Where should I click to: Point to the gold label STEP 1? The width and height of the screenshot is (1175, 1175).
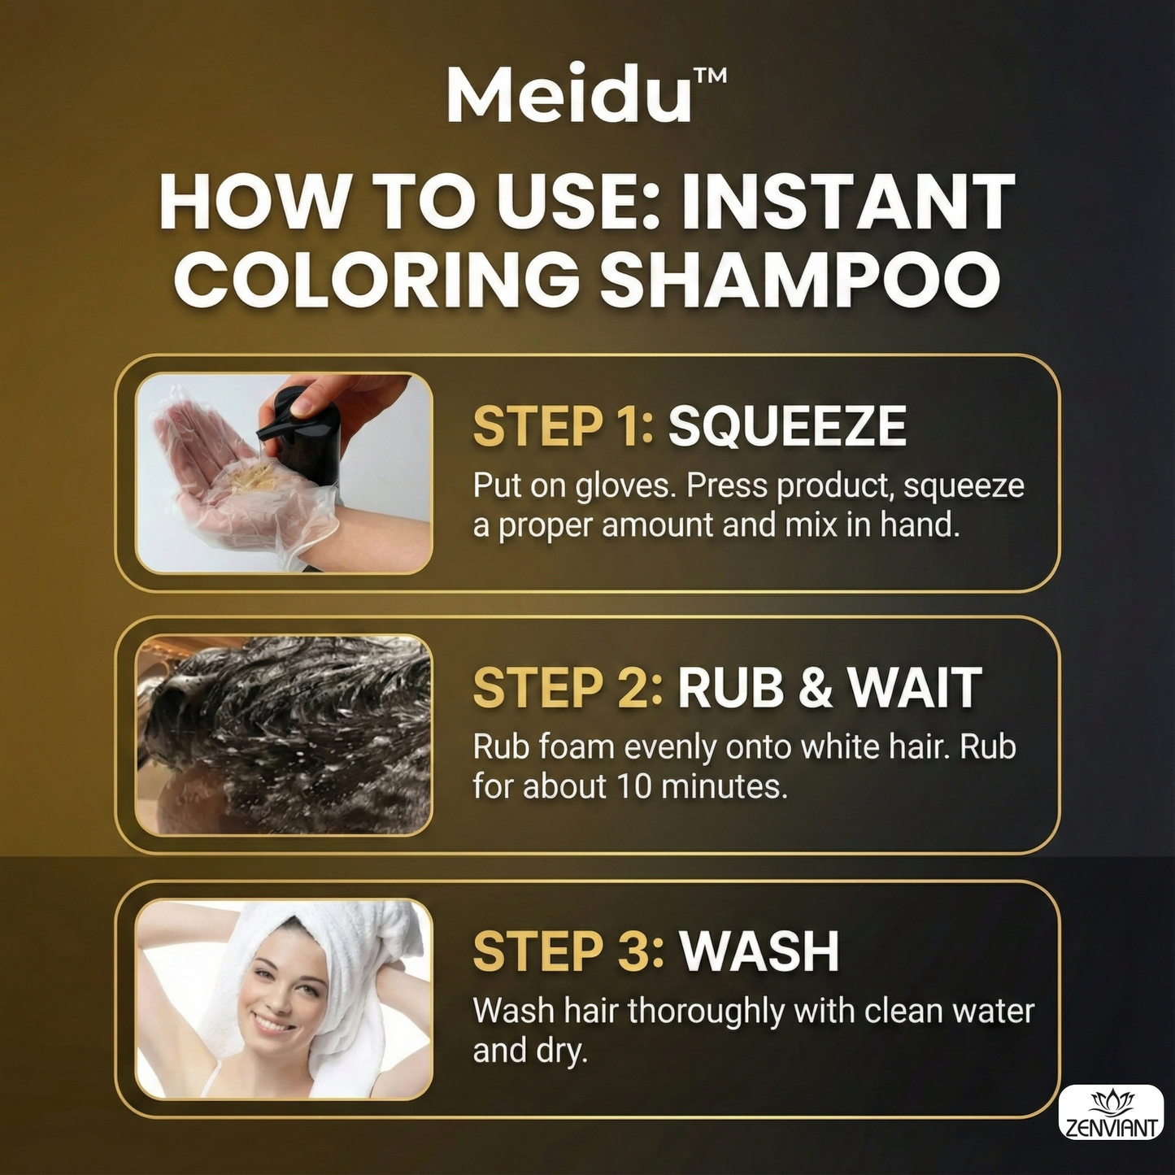click(x=564, y=426)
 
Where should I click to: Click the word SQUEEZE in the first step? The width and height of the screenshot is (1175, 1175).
click(x=787, y=426)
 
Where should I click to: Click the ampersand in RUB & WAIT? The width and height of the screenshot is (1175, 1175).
click(x=816, y=688)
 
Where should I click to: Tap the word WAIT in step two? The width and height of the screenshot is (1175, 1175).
click(x=915, y=688)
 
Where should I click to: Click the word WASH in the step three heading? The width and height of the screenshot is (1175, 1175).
click(x=759, y=951)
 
